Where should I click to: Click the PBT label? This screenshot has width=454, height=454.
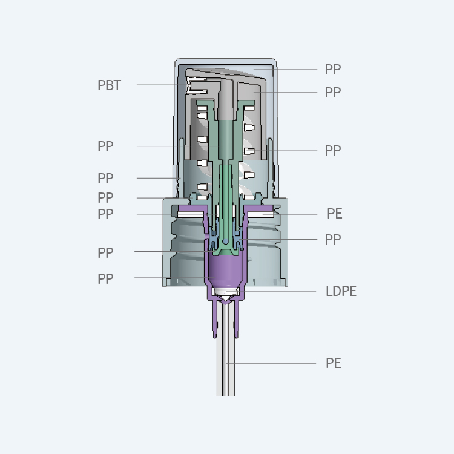(109, 85)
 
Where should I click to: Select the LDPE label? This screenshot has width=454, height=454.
(341, 292)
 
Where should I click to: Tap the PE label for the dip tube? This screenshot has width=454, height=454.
(334, 363)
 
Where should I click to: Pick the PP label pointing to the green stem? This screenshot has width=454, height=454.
(105, 146)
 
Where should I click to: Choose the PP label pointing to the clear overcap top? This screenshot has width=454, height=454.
(332, 70)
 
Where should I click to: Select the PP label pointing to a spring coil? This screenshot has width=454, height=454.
(332, 151)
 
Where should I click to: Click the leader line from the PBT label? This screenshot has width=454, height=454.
(160, 85)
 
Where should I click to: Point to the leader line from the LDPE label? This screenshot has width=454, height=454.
(278, 292)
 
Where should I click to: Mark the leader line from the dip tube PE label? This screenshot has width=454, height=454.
(272, 363)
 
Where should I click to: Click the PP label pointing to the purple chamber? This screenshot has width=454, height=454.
(105, 278)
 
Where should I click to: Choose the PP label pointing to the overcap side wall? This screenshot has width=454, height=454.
(105, 179)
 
